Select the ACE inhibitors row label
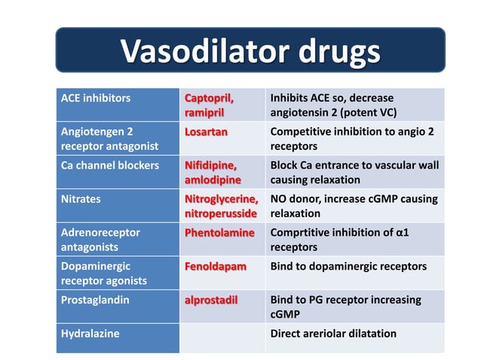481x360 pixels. (x=95, y=99)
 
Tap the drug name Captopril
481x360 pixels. (x=210, y=99)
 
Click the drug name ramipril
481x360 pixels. (x=204, y=113)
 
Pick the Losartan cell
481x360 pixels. (x=206, y=132)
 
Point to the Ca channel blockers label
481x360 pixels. (x=110, y=166)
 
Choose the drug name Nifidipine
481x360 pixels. (x=211, y=166)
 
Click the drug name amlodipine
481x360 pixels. (x=213, y=180)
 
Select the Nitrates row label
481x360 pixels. (x=81, y=200)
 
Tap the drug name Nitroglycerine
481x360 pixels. (x=221, y=200)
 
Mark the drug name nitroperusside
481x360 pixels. (x=220, y=214)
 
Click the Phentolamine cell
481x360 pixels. (x=219, y=233)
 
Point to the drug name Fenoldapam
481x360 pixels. (x=216, y=267)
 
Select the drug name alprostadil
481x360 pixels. (x=211, y=300)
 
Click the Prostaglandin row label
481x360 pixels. (x=96, y=300)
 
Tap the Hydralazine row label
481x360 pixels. (x=90, y=334)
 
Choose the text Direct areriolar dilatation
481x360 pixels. (x=332, y=334)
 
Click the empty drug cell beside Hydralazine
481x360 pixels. (x=222, y=338)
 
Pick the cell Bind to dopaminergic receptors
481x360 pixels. (x=348, y=267)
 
